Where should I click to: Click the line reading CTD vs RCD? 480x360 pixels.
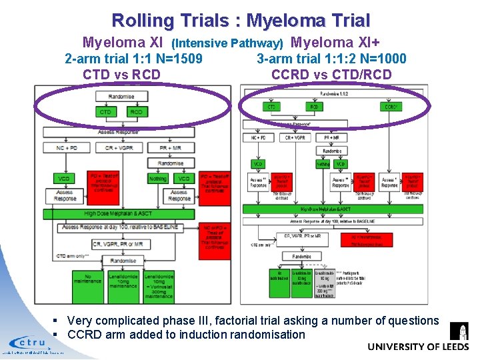(x=121, y=74)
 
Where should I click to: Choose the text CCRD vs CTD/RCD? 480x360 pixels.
(x=331, y=74)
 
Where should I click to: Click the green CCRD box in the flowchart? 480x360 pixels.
(x=391, y=107)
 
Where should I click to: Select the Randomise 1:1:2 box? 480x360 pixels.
(x=333, y=94)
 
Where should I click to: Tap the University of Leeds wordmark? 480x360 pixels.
(x=418, y=347)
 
